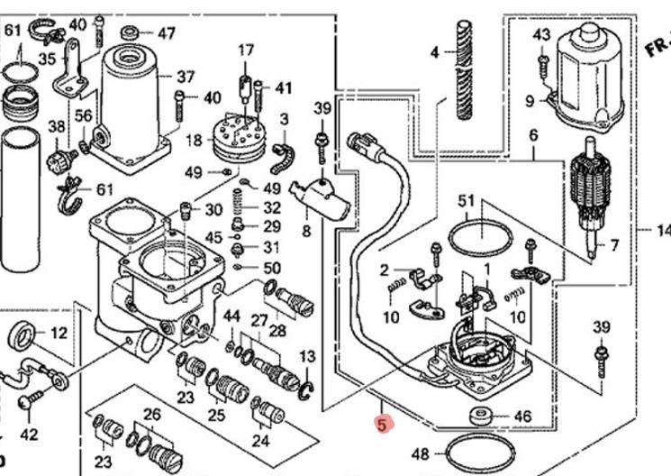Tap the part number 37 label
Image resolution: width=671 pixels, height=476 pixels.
(x=186, y=76)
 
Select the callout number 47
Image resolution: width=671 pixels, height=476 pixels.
(x=167, y=33)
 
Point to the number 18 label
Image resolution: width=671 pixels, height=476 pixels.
(x=193, y=141)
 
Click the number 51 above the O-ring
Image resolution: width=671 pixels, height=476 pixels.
(x=466, y=200)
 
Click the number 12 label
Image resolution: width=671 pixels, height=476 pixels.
(x=59, y=334)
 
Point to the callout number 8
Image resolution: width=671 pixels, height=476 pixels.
(x=306, y=231)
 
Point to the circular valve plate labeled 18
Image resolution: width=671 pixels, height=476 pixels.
(x=235, y=137)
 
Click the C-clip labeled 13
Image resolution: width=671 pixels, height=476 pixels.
(x=307, y=388)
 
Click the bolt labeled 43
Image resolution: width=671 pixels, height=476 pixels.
(x=541, y=62)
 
